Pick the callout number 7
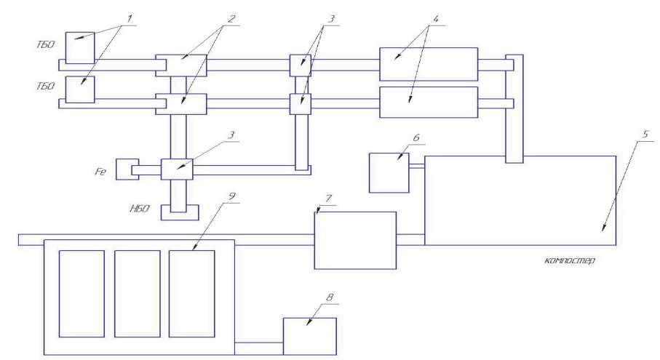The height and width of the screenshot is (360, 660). click(328, 197)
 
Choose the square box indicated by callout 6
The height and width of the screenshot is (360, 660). click(389, 172)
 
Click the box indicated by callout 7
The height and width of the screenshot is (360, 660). click(354, 240)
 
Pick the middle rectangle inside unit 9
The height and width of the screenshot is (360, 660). click(138, 293)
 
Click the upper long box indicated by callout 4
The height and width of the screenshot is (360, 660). click(428, 64)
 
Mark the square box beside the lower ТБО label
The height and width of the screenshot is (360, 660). click(79, 89)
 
